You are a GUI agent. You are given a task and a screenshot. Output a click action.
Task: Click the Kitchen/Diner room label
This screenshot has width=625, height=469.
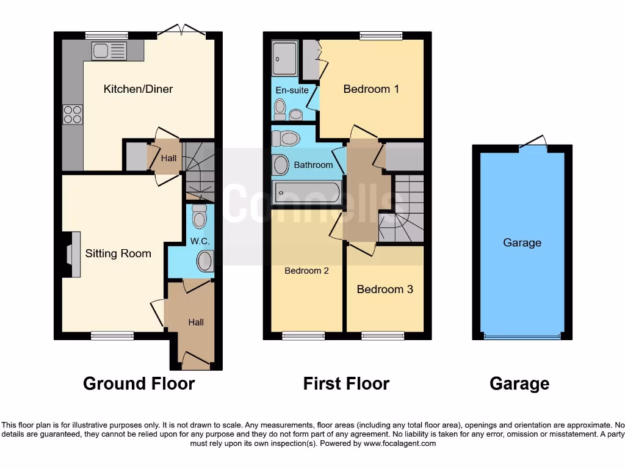138,89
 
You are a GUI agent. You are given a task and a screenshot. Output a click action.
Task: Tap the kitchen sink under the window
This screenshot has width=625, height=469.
109,51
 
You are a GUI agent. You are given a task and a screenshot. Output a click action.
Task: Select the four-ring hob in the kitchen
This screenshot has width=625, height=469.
73,115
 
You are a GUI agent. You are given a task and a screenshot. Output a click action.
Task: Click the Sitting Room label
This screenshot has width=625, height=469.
118,253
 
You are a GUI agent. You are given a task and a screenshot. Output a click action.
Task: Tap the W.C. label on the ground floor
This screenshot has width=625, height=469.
200,241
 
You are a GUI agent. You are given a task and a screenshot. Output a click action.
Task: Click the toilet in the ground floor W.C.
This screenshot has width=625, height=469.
200,216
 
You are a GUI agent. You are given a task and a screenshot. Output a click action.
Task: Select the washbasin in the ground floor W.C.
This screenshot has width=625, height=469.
205,262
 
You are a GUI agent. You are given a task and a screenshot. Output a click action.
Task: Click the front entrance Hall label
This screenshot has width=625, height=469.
196,322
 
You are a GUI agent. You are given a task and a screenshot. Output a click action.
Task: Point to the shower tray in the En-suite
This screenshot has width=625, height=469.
285,59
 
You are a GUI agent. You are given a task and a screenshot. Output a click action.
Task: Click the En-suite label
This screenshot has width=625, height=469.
292,90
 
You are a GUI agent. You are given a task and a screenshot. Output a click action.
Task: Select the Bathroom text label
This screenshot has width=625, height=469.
313,165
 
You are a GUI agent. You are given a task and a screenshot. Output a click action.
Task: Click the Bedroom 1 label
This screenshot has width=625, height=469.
371,89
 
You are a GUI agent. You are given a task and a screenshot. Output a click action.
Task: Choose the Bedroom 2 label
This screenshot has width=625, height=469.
306,271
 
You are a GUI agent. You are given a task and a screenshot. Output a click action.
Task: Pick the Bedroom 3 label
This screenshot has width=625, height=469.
385,289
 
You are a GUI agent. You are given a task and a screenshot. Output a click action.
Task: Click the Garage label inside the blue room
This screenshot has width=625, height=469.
522,243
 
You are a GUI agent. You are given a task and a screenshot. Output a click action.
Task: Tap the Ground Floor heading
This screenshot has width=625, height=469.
139,384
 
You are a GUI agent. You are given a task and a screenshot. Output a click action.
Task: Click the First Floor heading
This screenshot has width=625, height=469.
346,384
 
